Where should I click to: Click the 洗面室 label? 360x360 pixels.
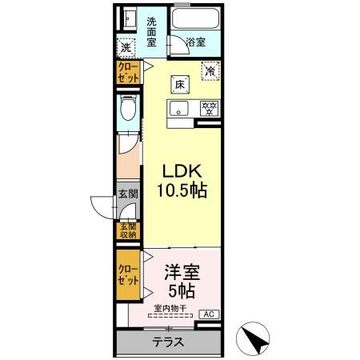pos(151,30)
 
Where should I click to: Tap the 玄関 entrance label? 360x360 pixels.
pos(128,194)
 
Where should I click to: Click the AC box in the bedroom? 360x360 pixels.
pos(208,314)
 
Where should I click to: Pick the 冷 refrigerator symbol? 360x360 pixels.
pos(210,71)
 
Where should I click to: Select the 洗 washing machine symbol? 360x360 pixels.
pos(126,47)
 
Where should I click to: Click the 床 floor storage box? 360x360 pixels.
pos(181,82)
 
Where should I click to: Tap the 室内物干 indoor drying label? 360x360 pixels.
pos(171,307)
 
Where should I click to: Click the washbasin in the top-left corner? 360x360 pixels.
pos(127,18)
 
